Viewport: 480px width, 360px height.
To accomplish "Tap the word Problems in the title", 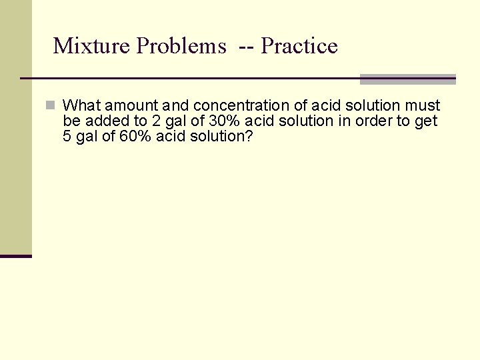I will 181,46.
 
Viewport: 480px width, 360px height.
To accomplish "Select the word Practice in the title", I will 299,46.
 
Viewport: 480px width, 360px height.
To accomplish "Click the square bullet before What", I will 50,105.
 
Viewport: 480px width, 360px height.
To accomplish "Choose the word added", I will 102,121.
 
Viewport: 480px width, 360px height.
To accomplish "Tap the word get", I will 426,121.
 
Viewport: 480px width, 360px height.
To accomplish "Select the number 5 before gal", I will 67,136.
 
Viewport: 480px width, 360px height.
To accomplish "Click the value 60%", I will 135,136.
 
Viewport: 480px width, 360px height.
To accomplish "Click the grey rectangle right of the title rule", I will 407,79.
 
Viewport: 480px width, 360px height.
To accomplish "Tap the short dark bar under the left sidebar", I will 16,256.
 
